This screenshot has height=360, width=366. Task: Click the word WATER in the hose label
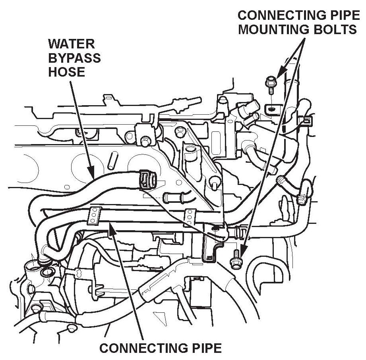66,44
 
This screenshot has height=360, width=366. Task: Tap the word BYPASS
74,58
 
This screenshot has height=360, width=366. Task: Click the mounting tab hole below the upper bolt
271,108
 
